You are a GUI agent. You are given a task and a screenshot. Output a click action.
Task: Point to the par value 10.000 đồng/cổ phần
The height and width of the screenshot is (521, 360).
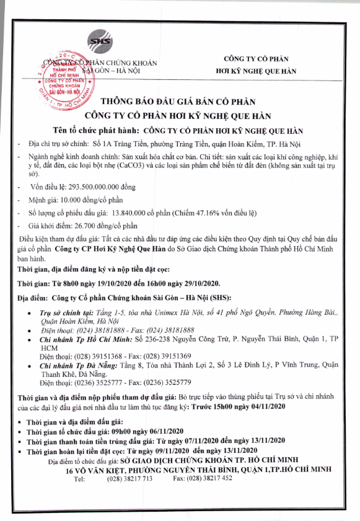[94, 200]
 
